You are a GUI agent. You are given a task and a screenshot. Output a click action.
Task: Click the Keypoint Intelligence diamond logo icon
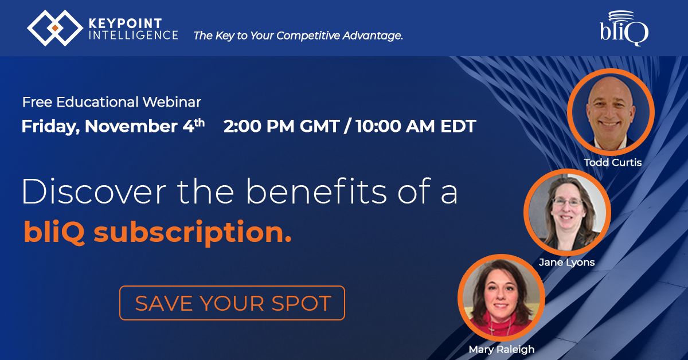pyautogui.click(x=55, y=28)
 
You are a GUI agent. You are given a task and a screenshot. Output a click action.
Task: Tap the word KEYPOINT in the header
pyautogui.click(x=126, y=24)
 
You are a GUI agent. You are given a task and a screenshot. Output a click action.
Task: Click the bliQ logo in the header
pyautogui.click(x=624, y=28)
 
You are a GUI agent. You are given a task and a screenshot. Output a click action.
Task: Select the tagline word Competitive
pyautogui.click(x=308, y=36)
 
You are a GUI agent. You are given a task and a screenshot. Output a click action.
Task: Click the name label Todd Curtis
pyautogui.click(x=612, y=162)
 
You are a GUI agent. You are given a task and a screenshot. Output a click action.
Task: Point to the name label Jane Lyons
pyautogui.click(x=566, y=263)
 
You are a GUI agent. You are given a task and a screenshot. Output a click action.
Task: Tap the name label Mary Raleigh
pyautogui.click(x=502, y=349)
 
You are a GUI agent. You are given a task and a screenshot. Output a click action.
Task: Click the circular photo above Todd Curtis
pyautogui.click(x=611, y=112)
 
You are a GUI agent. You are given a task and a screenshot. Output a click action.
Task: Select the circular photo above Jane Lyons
pyautogui.click(x=567, y=212)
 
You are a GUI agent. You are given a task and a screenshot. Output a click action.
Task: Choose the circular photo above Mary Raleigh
pyautogui.click(x=501, y=298)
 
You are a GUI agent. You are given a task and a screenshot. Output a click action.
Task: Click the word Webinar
pyautogui.click(x=171, y=102)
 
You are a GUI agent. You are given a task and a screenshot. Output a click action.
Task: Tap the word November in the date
pyautogui.click(x=131, y=126)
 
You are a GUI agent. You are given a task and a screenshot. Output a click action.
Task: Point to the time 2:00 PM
pyautogui.click(x=259, y=126)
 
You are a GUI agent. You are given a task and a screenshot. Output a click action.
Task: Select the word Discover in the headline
pyautogui.click(x=94, y=191)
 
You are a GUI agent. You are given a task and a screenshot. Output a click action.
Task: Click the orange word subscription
pyautogui.click(x=192, y=232)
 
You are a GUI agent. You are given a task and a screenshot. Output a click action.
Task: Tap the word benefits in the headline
pyautogui.click(x=316, y=191)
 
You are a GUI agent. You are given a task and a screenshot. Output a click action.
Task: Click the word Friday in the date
pyautogui.click(x=50, y=127)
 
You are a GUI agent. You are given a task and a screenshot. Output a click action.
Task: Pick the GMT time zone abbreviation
pyautogui.click(x=319, y=126)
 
